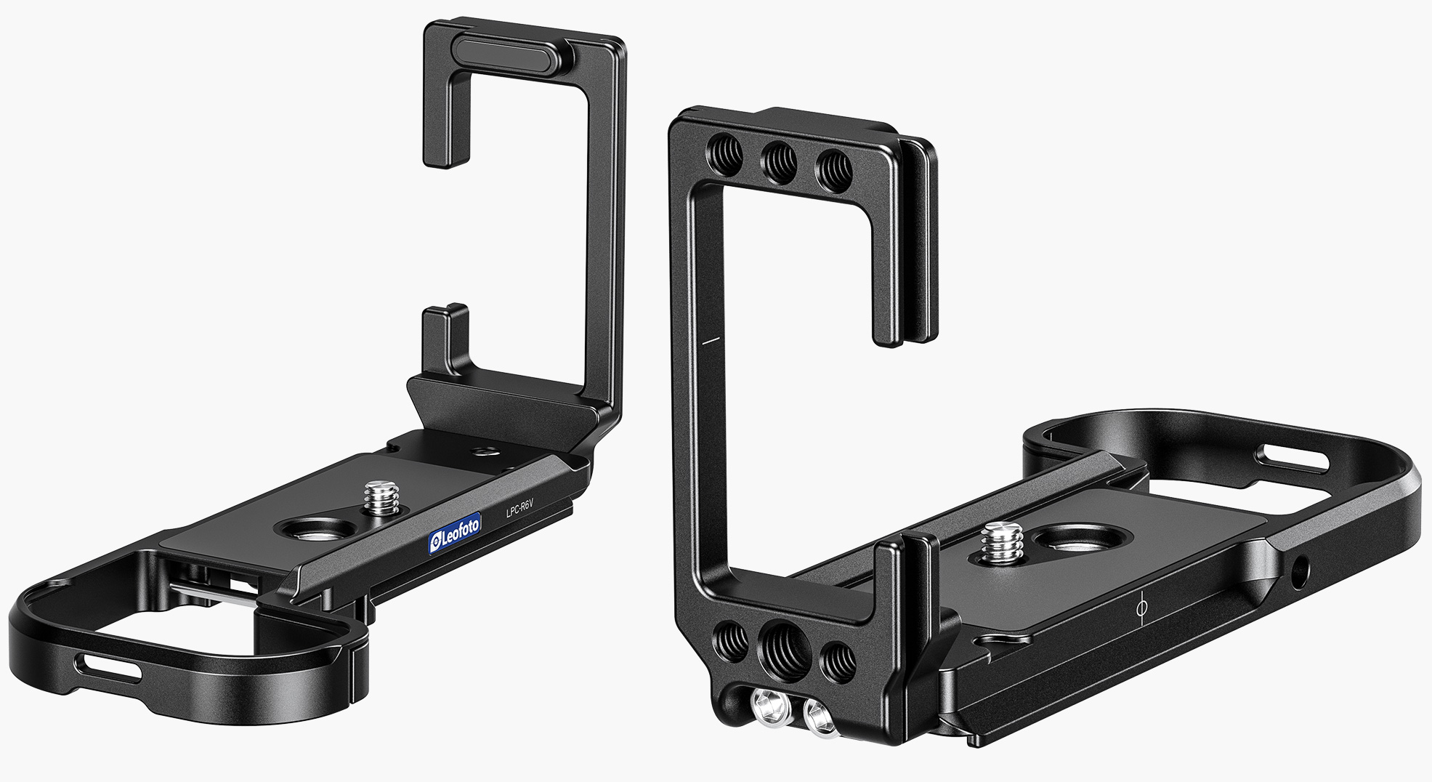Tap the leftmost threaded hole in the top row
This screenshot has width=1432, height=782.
click(x=724, y=153)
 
